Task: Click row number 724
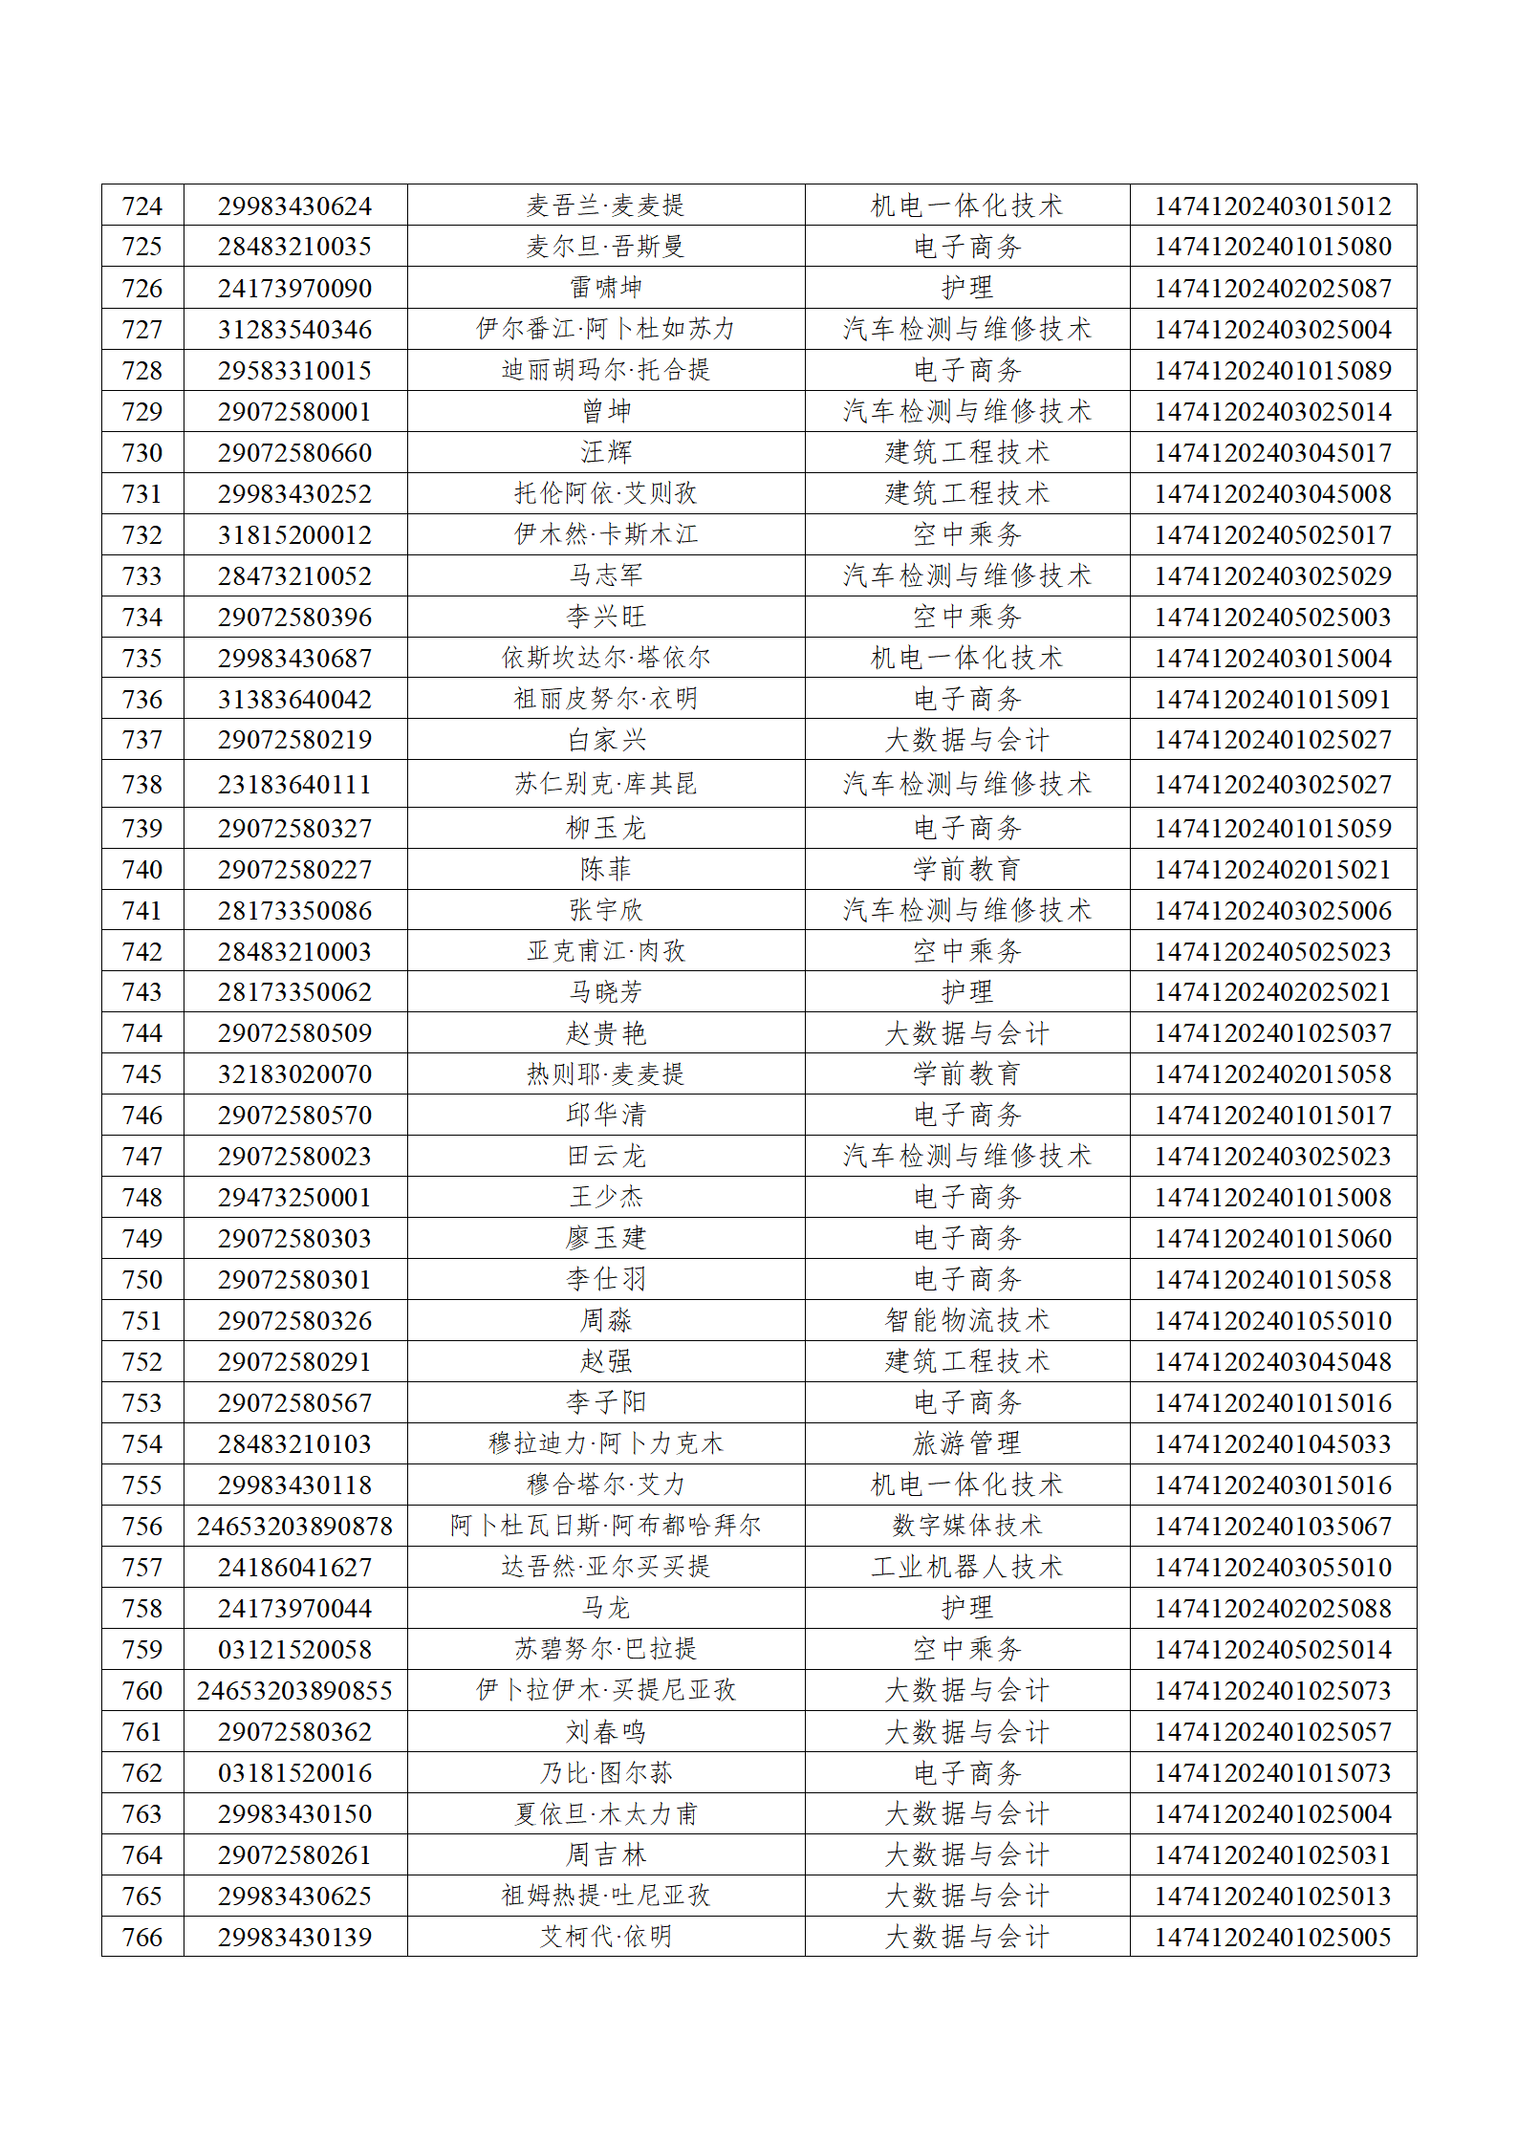[x=142, y=206]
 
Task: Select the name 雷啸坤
[x=606, y=288]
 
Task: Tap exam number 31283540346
[x=294, y=329]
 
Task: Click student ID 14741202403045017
[x=1272, y=452]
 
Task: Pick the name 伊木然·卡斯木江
[x=606, y=534]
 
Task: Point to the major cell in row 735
[x=966, y=658]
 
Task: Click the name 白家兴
[x=606, y=740]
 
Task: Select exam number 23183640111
[x=294, y=784]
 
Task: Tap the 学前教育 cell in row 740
[x=966, y=869]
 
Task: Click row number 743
[x=142, y=992]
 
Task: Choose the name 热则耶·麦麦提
[x=606, y=1074]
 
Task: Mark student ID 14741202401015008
[x=1272, y=1197]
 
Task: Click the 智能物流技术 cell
[x=966, y=1320]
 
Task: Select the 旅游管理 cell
[x=966, y=1443]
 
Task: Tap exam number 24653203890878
[x=294, y=1526]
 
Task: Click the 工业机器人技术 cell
[x=966, y=1567]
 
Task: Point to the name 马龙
[x=606, y=1608]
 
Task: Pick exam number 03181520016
[x=294, y=1772]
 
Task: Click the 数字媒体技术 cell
[x=966, y=1526]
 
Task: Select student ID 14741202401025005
[x=1272, y=1937]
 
